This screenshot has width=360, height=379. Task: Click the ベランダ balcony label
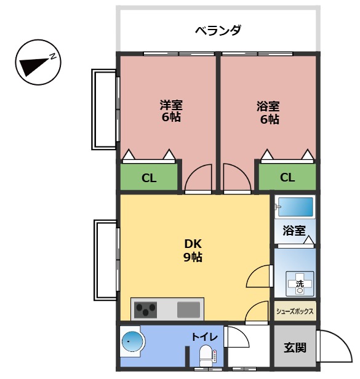218,30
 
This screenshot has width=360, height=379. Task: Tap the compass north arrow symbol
36,63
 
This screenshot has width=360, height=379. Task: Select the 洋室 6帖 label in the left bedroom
171,111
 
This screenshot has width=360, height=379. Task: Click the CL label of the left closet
149,178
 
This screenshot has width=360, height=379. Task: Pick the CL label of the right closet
287,178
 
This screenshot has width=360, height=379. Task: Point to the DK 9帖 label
193,250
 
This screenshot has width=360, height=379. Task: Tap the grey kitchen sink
189,309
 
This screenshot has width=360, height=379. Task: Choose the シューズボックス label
295,311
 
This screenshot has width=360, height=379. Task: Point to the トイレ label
203,337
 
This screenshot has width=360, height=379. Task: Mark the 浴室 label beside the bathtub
294,231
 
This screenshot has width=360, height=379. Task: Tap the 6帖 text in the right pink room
269,119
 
